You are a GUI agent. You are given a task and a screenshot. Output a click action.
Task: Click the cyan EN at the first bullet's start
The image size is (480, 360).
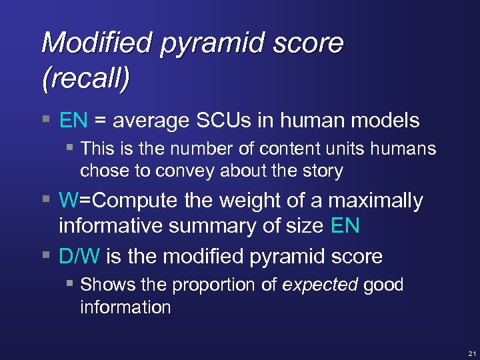click(73, 121)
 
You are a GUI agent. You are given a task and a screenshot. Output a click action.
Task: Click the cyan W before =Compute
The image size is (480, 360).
click(68, 201)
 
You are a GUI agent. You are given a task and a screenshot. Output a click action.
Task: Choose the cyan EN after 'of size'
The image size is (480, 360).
click(345, 226)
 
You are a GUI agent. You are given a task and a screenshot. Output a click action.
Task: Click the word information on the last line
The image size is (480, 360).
click(125, 307)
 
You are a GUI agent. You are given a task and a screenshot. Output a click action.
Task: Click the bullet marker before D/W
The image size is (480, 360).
click(45, 256)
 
